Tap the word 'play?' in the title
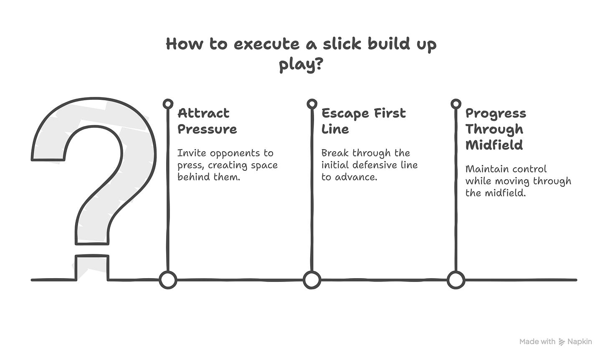click(x=301, y=66)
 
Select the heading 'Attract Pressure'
click(x=207, y=121)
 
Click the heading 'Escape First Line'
click(x=363, y=121)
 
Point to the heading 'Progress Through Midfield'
click(x=496, y=129)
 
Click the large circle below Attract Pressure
click(x=168, y=280)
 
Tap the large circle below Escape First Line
click(x=312, y=280)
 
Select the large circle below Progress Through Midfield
click(x=456, y=280)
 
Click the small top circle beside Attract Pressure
click(x=168, y=104)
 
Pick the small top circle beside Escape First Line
click(x=312, y=104)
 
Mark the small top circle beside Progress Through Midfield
click(x=456, y=104)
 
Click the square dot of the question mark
click(x=92, y=268)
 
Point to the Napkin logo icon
click(x=562, y=342)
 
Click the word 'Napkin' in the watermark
click(x=580, y=342)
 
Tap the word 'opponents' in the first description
click(x=235, y=153)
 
